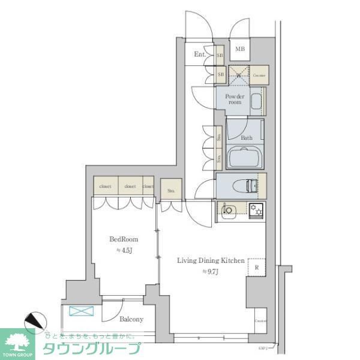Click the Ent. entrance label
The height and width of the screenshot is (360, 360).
200,55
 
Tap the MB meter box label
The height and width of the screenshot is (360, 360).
239,49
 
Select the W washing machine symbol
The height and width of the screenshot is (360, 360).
238,75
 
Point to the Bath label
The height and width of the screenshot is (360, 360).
246,138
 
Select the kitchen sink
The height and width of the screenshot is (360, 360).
229,209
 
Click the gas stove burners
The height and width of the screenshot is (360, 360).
257,209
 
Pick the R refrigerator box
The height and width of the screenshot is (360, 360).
256,268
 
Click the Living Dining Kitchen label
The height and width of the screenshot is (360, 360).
211,260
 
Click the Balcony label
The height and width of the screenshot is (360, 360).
130,319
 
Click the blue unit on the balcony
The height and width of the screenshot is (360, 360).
79,311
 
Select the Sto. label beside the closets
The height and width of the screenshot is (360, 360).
171,191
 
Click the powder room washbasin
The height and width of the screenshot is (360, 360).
257,103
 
